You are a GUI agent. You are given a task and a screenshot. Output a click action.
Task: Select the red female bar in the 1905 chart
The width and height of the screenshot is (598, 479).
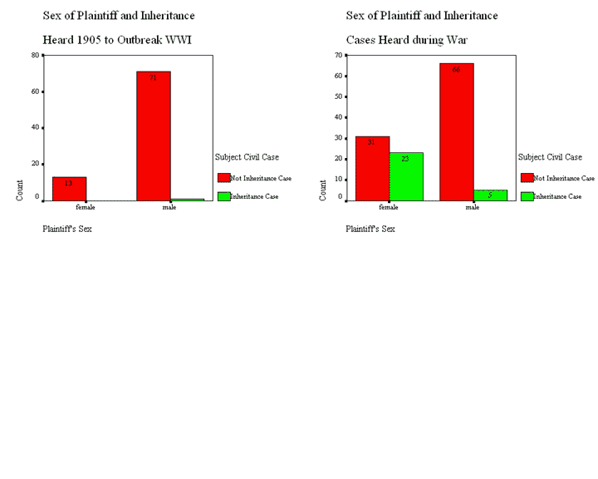pos(69,189)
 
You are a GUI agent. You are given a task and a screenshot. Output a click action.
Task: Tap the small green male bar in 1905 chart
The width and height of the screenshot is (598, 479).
pos(188,200)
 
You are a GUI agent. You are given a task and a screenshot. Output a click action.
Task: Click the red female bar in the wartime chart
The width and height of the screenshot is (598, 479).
pos(372,168)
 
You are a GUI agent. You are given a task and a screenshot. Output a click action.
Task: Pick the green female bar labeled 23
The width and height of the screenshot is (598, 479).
pos(406,176)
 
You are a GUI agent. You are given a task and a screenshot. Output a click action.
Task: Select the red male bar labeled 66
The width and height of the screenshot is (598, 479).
pos(456,131)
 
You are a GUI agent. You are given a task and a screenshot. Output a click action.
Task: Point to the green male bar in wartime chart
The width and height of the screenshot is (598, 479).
pos(490,195)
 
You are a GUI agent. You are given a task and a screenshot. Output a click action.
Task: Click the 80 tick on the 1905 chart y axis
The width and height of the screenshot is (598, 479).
pos(36,55)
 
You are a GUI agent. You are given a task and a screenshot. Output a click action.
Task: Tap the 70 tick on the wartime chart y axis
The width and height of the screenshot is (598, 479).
pos(339,55)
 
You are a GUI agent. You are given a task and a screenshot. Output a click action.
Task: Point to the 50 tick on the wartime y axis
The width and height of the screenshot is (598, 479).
pos(339,96)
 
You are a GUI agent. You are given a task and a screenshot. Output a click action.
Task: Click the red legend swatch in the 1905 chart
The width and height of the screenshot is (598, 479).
pos(223,177)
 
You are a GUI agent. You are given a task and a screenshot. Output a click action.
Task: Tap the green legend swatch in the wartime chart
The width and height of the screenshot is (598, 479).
pos(527,196)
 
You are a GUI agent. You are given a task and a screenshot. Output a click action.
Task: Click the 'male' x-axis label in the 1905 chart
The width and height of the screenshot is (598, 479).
pos(169,207)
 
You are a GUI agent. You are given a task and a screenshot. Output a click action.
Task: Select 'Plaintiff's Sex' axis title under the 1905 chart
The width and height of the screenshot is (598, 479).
pos(66,229)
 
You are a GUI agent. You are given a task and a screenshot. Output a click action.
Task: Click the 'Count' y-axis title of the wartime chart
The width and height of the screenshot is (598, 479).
pos(323,190)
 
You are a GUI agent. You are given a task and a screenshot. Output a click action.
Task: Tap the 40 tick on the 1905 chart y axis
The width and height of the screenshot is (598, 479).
pos(36,127)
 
